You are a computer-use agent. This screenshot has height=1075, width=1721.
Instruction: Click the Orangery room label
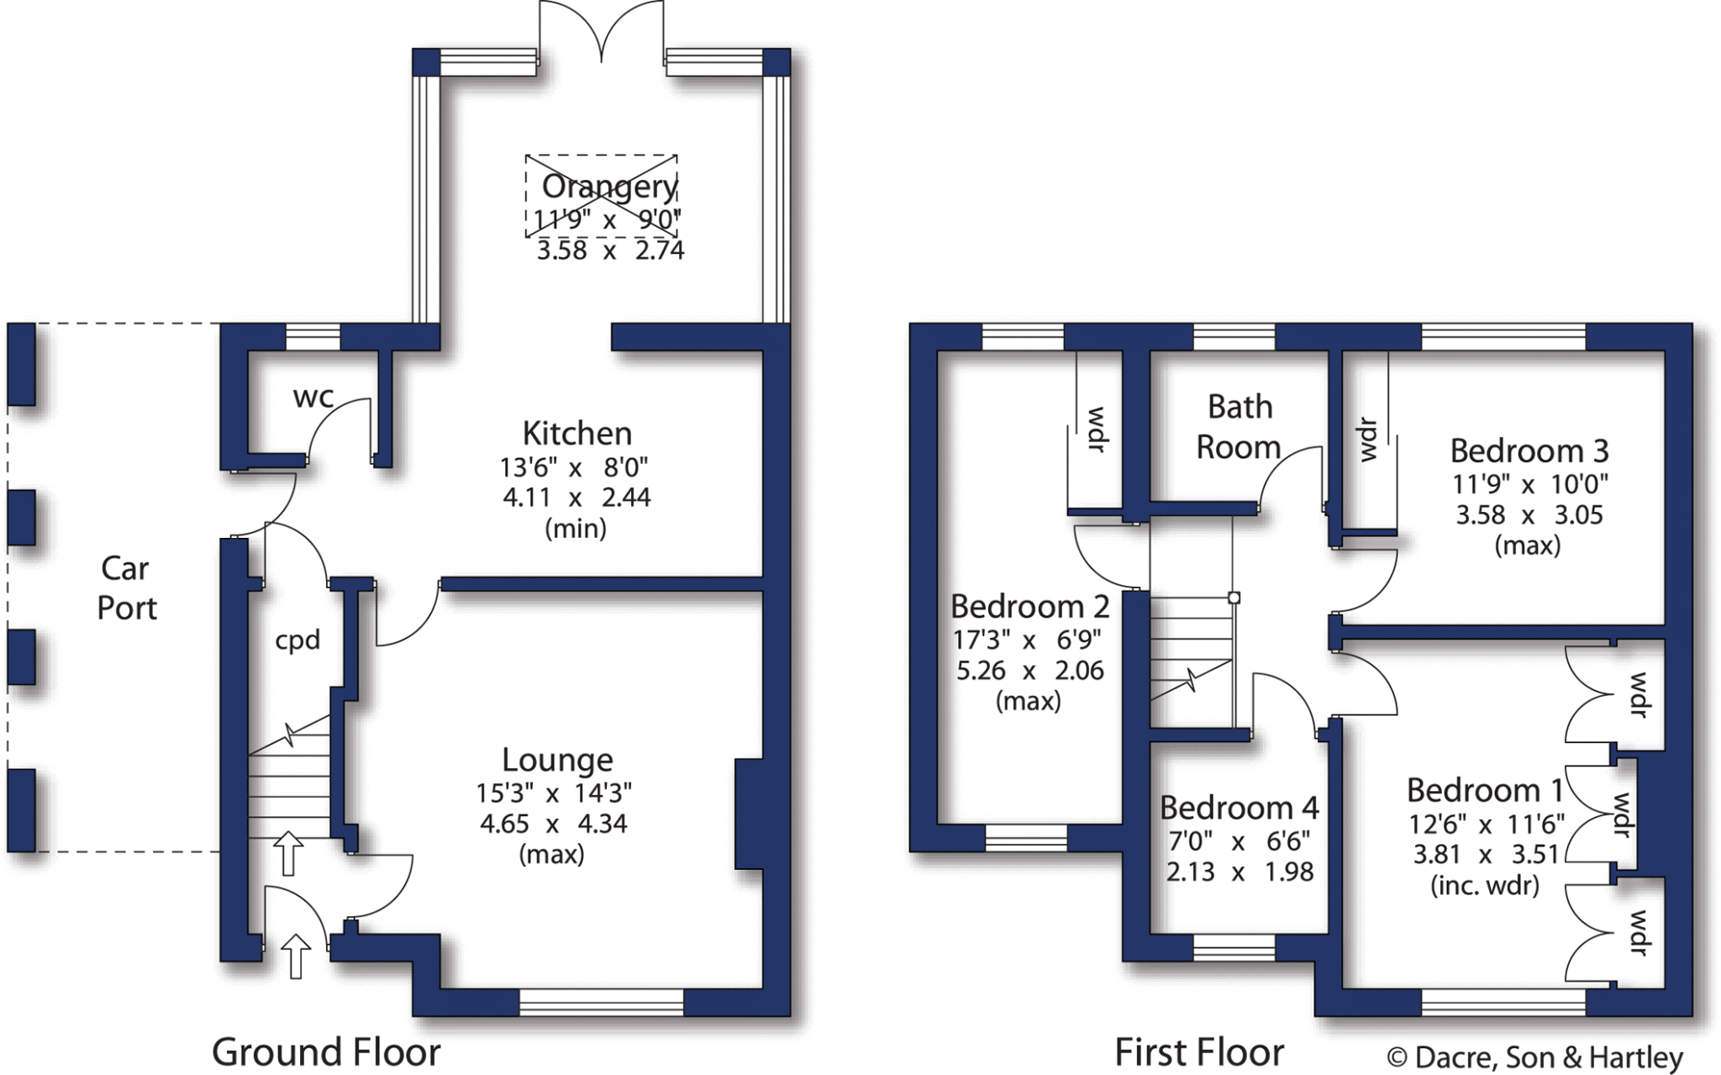[609, 187]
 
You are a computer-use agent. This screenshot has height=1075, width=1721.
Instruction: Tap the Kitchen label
[577, 434]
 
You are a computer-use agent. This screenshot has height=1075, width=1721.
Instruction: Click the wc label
[313, 397]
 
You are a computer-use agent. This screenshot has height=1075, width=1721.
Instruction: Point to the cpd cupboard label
[297, 640]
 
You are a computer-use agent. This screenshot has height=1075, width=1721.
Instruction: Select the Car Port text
[126, 588]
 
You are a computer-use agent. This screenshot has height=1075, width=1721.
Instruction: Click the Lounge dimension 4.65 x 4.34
[553, 824]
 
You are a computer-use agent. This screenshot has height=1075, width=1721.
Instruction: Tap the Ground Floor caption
[326, 1052]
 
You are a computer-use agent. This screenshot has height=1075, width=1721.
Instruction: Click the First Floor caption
[1199, 1052]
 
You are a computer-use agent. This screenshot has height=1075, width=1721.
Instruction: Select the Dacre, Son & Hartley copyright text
[1534, 1057]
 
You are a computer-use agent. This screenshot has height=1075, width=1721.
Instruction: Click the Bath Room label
[1239, 427]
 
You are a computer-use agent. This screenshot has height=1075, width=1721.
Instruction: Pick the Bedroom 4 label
[1239, 808]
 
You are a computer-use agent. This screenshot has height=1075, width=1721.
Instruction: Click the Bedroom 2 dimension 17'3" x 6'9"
[1026, 640]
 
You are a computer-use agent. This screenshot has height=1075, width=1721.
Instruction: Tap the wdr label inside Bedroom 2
[1096, 429]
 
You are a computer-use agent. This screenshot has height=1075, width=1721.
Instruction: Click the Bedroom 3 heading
[1529, 451]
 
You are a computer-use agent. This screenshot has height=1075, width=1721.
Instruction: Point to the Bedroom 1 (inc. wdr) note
[1485, 885]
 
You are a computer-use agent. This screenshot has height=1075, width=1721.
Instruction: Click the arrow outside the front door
[295, 956]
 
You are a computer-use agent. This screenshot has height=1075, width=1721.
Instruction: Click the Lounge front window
[602, 1002]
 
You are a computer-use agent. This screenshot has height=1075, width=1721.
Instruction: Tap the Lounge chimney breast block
[750, 814]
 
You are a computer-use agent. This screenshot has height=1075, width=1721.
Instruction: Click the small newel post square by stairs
[1234, 598]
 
